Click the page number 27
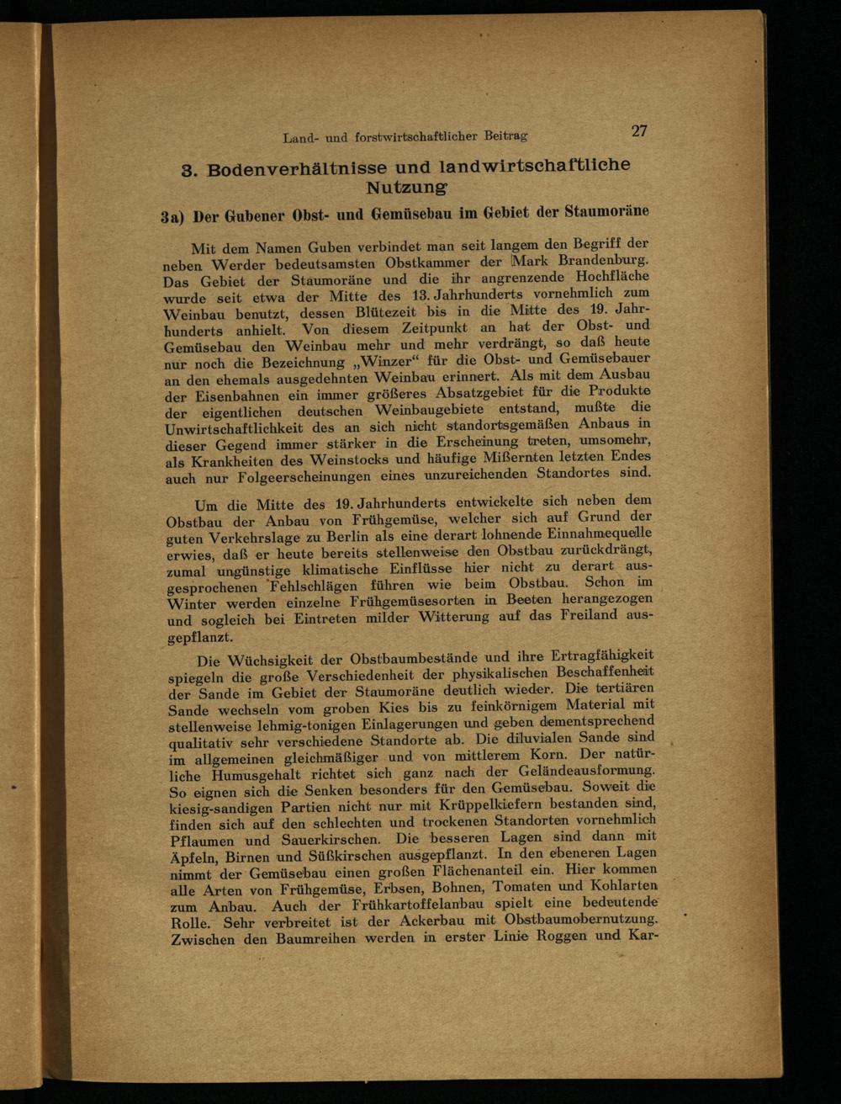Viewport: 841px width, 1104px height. pyautogui.click(x=639, y=130)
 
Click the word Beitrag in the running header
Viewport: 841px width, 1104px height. pyautogui.click(x=503, y=135)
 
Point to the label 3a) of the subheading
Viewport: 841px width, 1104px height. pyautogui.click(x=173, y=217)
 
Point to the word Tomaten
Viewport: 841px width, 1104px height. pyautogui.click(x=521, y=887)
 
